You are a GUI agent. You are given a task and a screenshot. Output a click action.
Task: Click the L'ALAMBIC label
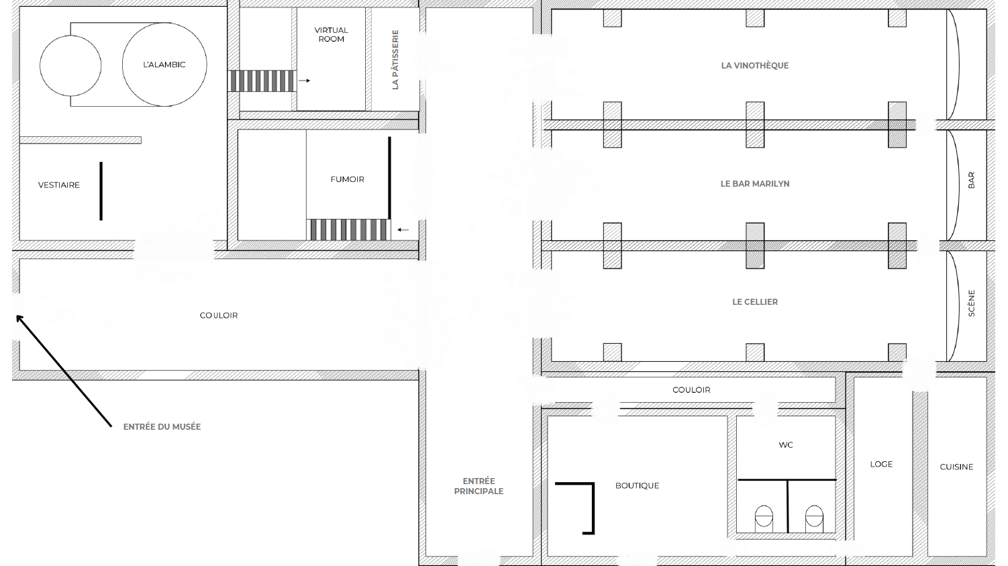164,65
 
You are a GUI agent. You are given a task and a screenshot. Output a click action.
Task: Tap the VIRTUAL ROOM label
332,35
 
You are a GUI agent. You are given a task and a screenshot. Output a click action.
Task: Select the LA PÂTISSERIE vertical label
395,60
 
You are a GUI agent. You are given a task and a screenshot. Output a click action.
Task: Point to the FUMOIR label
347,179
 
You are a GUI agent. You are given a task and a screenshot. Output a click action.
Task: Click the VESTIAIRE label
59,185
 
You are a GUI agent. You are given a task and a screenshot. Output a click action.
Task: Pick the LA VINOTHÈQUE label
754,66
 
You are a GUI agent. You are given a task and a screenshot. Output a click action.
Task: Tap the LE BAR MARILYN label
754,184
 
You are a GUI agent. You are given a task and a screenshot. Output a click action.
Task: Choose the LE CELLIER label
754,302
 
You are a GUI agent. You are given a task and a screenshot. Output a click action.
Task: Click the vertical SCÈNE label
972,303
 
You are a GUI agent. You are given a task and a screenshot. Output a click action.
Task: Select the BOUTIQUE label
637,486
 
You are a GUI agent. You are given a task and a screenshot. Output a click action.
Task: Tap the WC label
786,445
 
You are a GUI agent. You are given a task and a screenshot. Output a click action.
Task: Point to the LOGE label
881,464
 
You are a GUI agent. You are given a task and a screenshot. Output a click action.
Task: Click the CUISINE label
956,467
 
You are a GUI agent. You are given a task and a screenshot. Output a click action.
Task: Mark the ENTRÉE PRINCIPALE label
478,486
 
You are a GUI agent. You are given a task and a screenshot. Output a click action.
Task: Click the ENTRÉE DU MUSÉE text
162,427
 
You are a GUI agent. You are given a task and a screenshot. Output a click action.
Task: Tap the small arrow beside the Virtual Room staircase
305,81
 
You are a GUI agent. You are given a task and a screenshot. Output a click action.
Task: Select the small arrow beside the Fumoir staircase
403,230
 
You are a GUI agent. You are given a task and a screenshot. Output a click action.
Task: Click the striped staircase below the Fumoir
348,230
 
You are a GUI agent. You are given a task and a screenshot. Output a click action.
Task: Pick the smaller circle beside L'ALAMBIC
70,66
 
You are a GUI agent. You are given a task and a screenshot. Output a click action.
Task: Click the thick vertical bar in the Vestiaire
101,191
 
